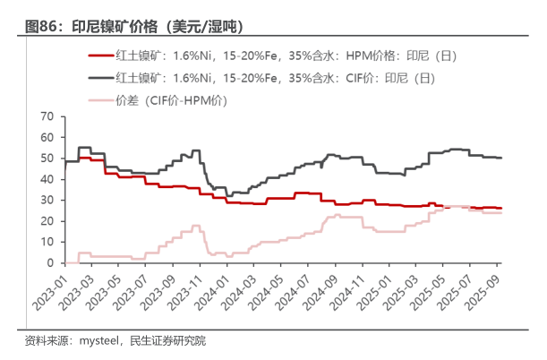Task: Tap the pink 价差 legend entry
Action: point(171,100)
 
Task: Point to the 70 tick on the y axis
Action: point(47,116)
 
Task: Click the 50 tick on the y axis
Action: point(47,159)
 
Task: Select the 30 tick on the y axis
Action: point(47,200)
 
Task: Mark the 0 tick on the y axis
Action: point(51,262)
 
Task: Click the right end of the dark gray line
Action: point(500,158)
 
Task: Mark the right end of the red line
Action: point(500,208)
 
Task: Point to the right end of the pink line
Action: point(500,213)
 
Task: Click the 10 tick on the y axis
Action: point(47,242)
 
